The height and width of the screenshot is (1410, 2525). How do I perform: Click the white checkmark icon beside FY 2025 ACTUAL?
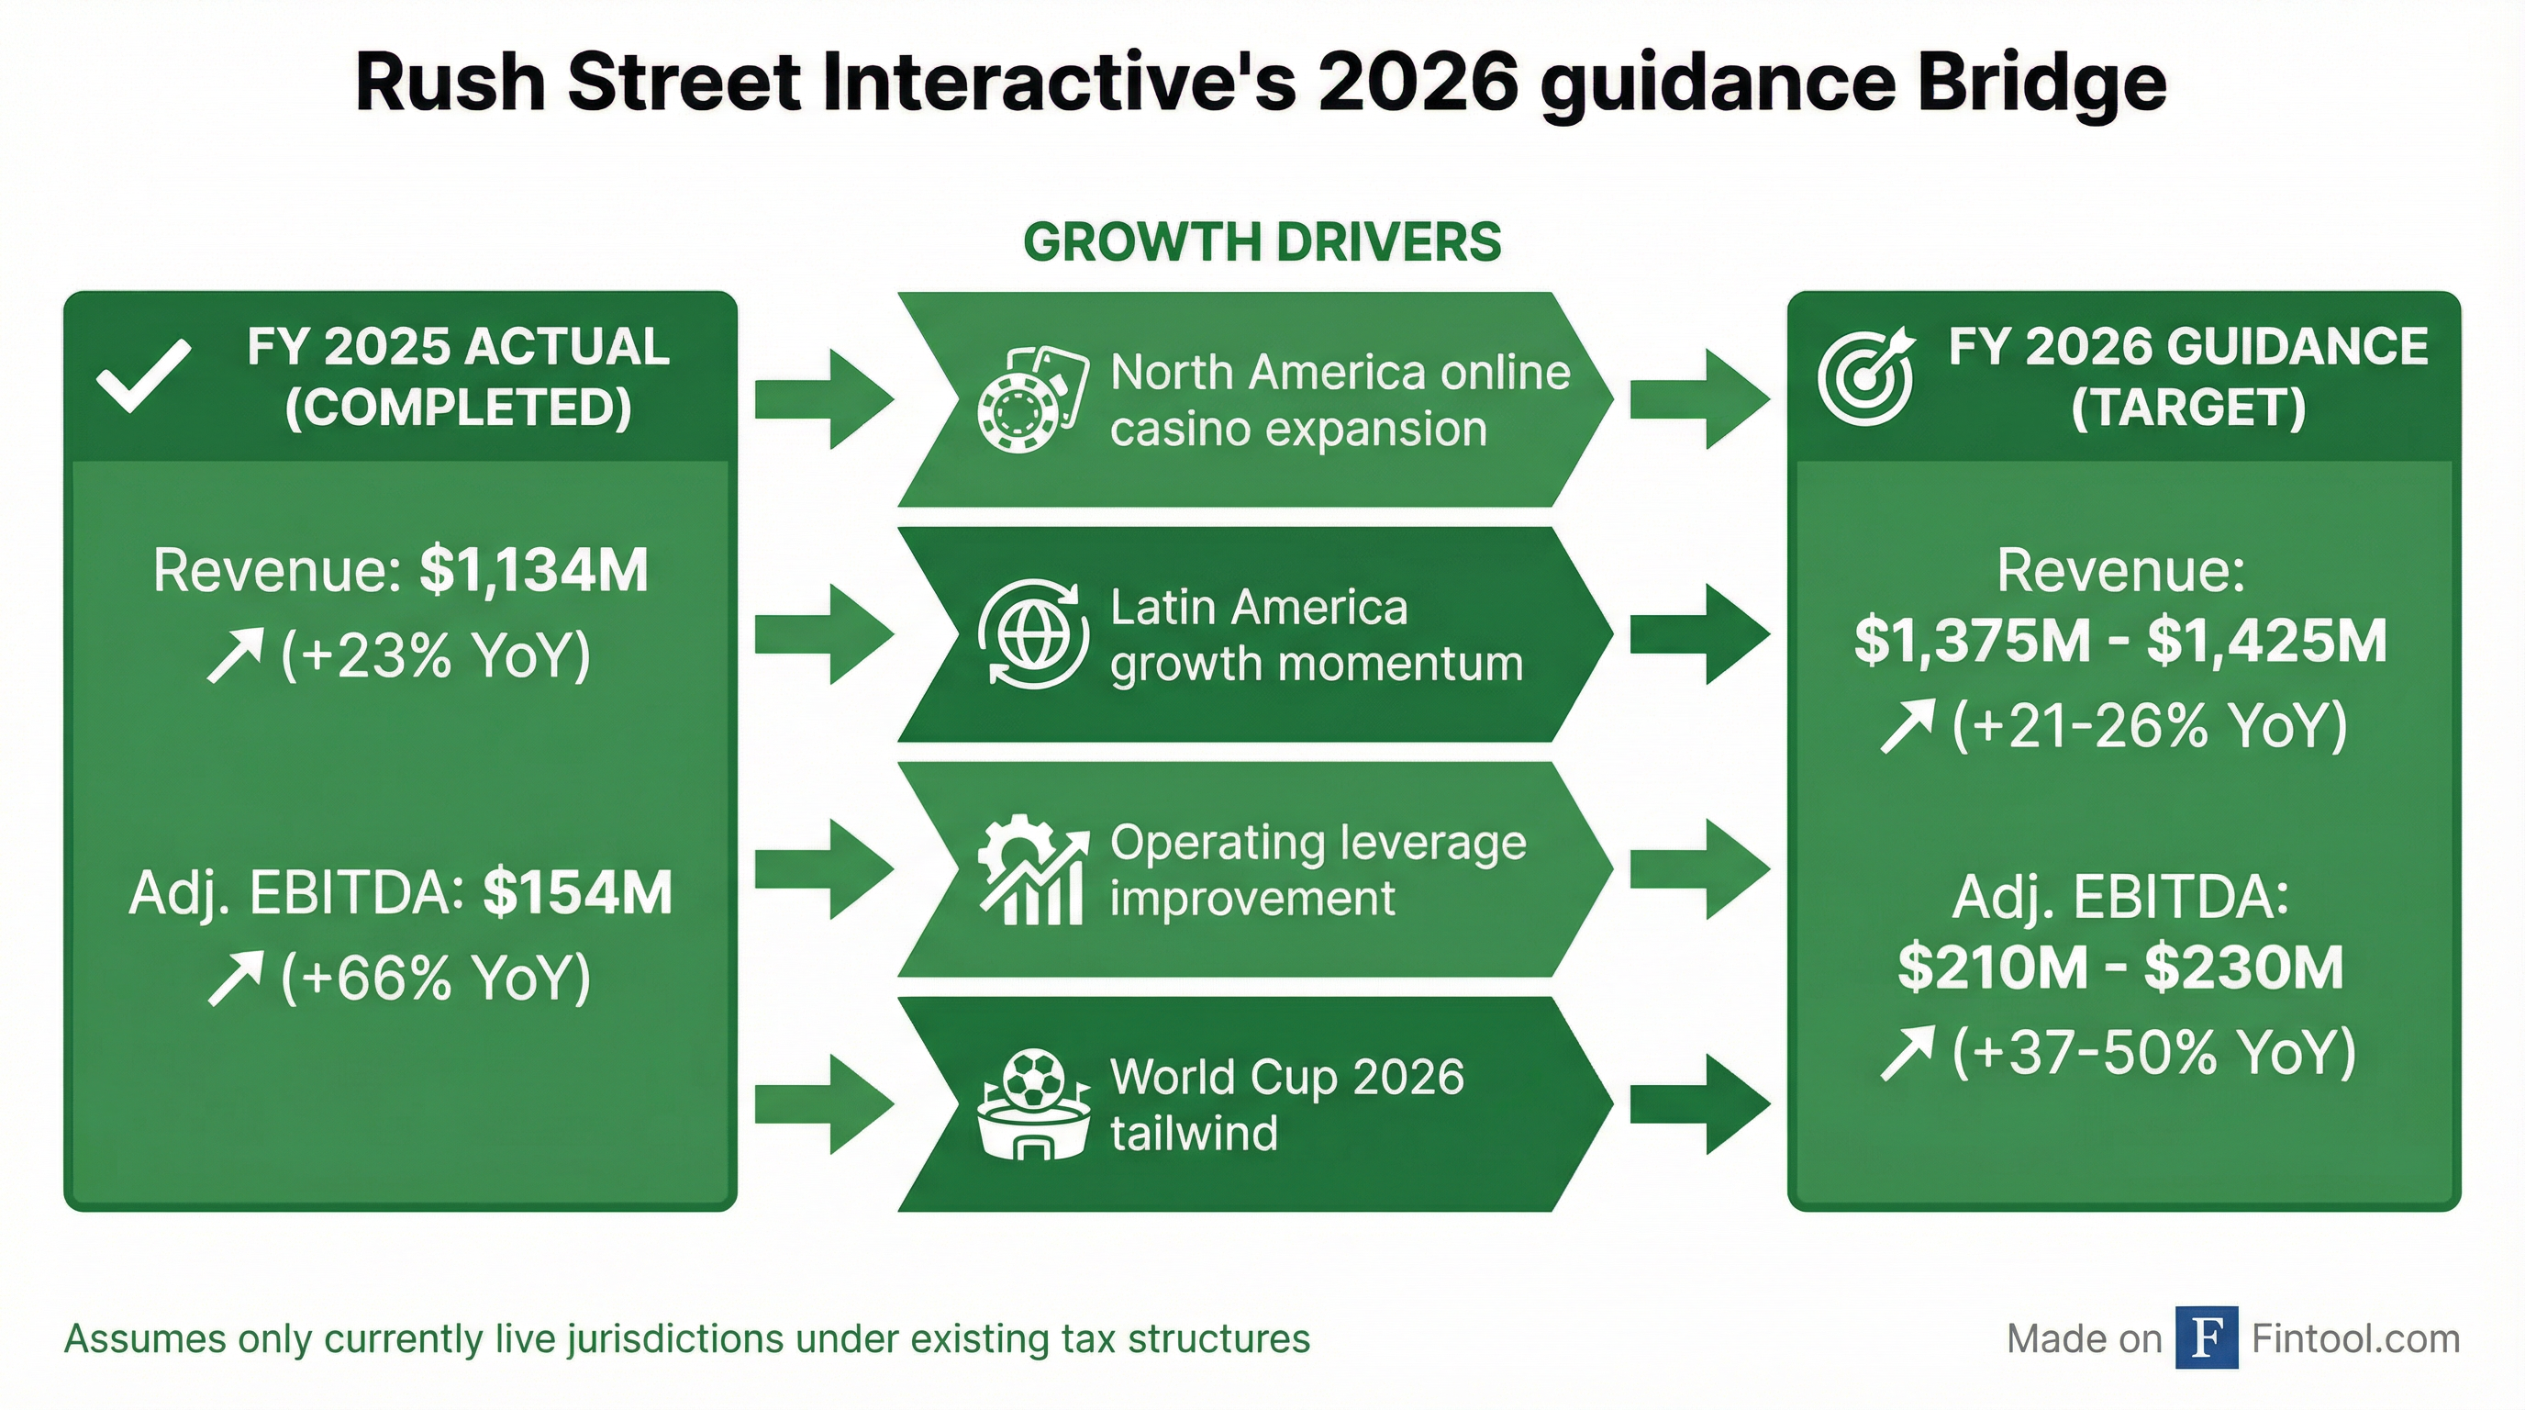point(144,377)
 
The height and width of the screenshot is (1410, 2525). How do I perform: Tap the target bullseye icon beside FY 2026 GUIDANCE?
point(1865,375)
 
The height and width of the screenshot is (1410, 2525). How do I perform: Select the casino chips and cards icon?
point(1032,399)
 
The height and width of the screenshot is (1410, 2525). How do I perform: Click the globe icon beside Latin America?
point(1033,633)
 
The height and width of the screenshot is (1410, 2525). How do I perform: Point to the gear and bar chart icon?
point(1033,868)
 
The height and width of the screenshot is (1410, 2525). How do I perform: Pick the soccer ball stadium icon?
point(1033,1104)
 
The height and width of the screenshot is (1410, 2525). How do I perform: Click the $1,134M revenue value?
point(534,571)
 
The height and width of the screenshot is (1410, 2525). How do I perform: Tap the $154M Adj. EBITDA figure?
point(577,892)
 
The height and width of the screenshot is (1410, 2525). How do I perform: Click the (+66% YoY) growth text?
point(436,977)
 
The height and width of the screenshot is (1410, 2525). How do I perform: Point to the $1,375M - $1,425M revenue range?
point(2120,641)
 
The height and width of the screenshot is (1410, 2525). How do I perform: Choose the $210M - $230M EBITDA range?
point(2120,967)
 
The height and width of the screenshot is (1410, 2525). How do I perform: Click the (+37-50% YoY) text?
point(2153,1051)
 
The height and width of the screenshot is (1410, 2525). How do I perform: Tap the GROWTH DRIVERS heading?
point(1262,242)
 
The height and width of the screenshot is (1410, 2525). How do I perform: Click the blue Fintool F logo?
point(2207,1337)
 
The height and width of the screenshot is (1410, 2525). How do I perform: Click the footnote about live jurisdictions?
point(687,1338)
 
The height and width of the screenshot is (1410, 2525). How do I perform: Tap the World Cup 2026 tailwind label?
point(1287,1104)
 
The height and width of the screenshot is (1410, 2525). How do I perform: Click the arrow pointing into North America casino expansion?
point(824,399)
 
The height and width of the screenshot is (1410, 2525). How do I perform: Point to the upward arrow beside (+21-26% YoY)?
point(1907,725)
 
